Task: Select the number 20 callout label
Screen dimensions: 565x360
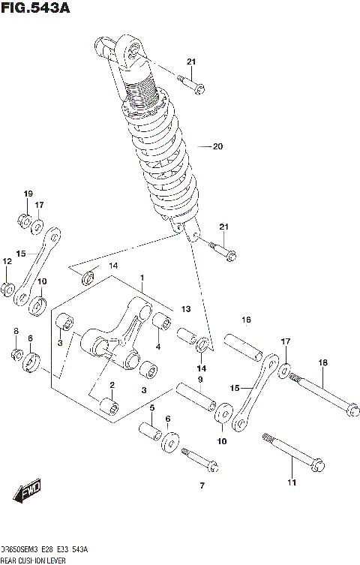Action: coord(218,146)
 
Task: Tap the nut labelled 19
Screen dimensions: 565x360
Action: coord(24,221)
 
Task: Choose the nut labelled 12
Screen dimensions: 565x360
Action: coord(7,288)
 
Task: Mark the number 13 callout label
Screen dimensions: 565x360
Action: coord(185,309)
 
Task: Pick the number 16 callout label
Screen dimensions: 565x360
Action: coord(246,320)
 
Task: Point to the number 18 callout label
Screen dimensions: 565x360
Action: coord(322,363)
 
